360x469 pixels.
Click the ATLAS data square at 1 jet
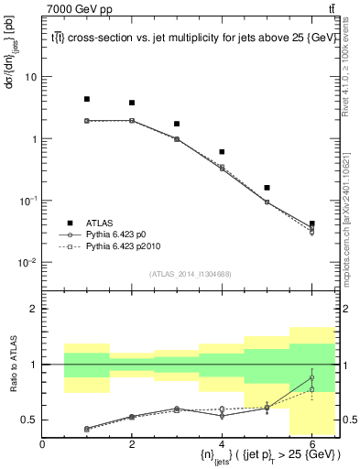click(87, 99)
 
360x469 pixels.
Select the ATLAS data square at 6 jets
click(311, 224)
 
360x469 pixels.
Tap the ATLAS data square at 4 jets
click(222, 152)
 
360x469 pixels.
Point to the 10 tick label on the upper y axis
click(30, 77)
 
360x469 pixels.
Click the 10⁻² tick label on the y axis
click(27, 263)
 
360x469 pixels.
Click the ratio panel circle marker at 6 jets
click(311, 377)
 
